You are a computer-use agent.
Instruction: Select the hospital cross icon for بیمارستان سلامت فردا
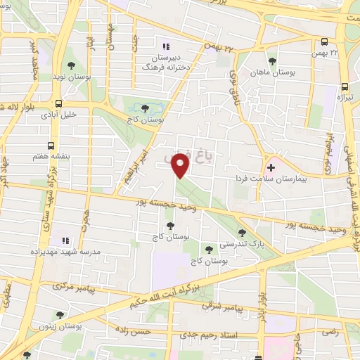[x=271, y=169]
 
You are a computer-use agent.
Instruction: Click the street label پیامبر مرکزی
[x=67, y=287]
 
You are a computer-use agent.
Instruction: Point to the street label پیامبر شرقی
[x=223, y=307]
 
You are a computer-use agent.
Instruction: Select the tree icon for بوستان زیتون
[x=58, y=316]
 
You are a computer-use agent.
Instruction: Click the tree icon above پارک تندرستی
[x=242, y=233]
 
